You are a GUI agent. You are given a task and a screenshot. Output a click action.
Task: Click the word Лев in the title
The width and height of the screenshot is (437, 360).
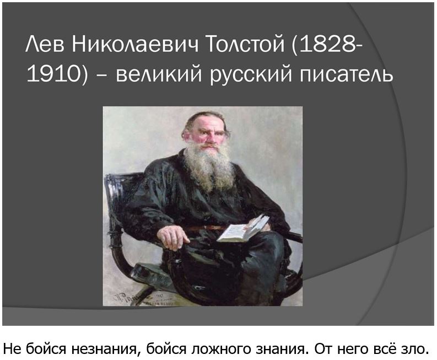(45, 44)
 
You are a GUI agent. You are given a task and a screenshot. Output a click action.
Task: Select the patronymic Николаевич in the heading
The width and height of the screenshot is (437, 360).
(136, 44)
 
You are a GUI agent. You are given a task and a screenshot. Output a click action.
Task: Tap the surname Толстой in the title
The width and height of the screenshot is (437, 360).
(245, 44)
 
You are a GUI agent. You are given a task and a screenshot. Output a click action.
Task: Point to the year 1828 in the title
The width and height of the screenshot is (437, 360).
(326, 44)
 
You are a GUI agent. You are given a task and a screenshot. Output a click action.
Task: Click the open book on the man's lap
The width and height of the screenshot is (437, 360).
(243, 229)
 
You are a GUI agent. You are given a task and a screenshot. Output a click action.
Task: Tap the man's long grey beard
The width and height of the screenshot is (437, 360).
(209, 167)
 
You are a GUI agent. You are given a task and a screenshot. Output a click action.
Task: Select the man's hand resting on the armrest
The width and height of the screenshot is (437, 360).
(172, 237)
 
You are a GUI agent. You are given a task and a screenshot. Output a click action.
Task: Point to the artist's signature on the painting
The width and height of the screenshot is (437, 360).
(131, 298)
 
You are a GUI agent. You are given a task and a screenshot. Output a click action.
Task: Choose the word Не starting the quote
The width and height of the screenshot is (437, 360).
(13, 348)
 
